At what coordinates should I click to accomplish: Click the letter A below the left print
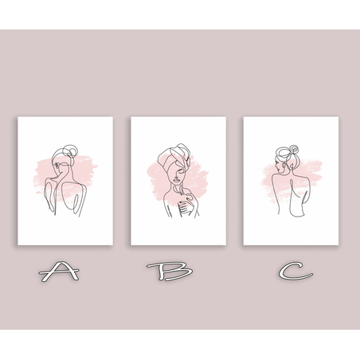[x=60, y=271]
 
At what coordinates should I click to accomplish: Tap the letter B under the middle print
[x=170, y=272]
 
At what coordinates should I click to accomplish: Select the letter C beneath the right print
[x=295, y=271]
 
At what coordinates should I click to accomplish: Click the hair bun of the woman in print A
[x=69, y=151]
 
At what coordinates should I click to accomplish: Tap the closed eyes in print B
[x=179, y=170]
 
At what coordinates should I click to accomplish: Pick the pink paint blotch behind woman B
[x=178, y=181]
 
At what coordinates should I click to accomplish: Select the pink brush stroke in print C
[x=292, y=181]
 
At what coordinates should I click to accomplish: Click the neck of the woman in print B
[x=176, y=188]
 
